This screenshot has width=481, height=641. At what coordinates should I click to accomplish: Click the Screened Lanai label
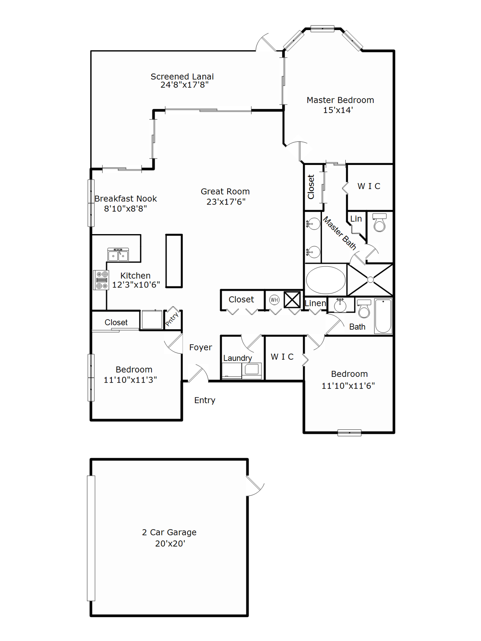(182, 77)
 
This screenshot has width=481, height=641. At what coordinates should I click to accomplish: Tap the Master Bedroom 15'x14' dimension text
(338, 110)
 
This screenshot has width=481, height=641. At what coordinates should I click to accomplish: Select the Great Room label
(225, 192)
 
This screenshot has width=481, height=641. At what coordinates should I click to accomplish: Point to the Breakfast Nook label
(126, 199)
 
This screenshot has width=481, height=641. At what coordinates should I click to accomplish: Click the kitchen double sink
(118, 255)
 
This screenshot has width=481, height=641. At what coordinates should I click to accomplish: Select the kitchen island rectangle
(174, 261)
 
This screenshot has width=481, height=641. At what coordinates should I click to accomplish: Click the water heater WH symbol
(274, 300)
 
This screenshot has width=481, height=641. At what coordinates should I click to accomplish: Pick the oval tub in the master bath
(326, 280)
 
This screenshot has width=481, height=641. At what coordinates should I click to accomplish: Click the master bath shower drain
(370, 280)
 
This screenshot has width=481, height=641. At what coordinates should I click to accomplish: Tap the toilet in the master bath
(380, 223)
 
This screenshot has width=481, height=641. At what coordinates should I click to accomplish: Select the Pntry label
(172, 319)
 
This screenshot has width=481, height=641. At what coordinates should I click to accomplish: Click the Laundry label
(238, 358)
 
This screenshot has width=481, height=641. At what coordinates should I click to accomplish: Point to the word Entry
(205, 400)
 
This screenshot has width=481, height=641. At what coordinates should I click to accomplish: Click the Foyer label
(200, 347)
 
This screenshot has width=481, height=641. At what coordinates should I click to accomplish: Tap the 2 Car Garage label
(169, 532)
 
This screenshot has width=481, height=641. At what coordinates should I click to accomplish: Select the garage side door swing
(255, 486)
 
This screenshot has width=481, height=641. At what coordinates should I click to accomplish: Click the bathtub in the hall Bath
(383, 316)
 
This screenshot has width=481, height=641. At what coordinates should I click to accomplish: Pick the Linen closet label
(315, 303)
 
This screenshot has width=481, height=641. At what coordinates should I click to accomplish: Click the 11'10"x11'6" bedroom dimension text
(348, 386)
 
